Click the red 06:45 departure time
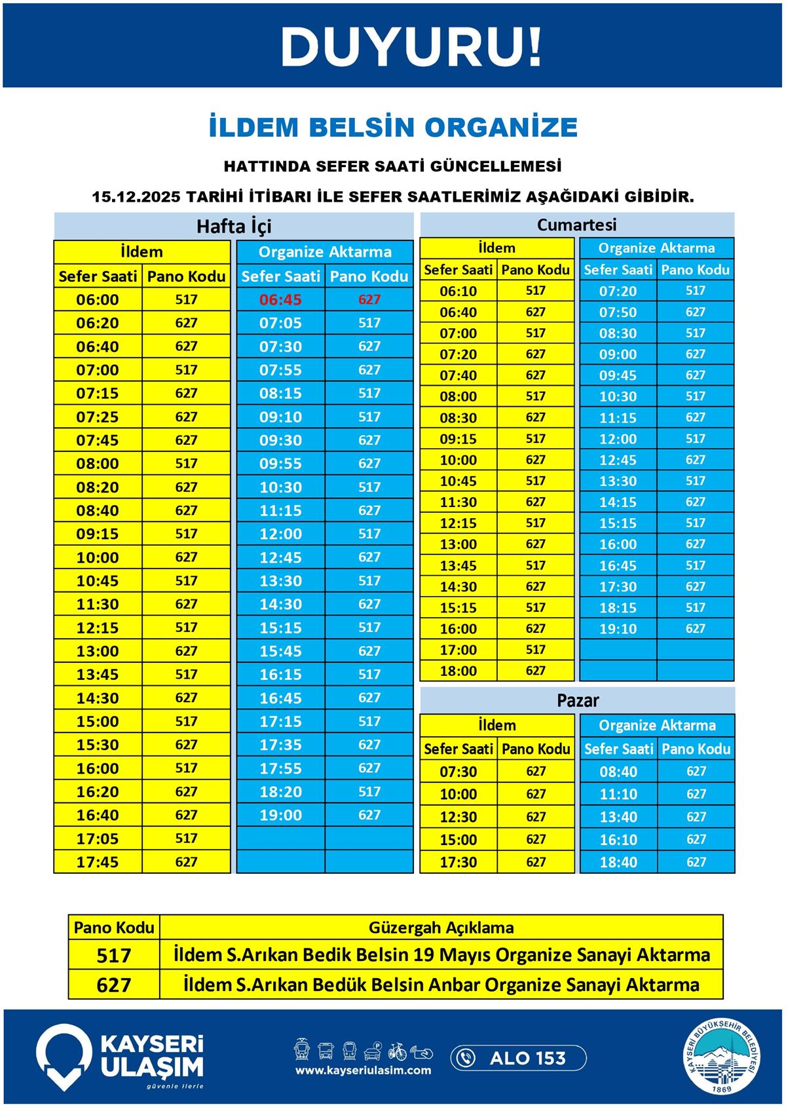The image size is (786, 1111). click(280, 300)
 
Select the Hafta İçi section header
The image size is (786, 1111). click(234, 226)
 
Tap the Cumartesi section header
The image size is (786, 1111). click(576, 225)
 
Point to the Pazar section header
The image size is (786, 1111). click(577, 700)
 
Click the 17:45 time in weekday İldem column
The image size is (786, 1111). click(98, 862)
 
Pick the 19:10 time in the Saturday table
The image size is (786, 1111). click(618, 629)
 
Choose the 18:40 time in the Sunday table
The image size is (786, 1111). click(618, 862)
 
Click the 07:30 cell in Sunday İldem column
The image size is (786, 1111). click(458, 772)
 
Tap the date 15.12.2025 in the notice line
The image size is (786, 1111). click(136, 197)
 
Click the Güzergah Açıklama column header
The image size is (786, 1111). click(441, 928)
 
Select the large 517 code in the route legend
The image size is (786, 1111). click(114, 955)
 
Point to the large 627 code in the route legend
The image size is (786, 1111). click(114, 985)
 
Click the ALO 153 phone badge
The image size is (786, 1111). click(518, 1058)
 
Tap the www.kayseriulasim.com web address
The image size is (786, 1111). click(363, 1070)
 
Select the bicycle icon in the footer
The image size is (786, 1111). click(397, 1051)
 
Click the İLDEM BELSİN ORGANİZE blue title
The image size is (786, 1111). click(393, 127)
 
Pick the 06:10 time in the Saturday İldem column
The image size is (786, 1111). click(458, 291)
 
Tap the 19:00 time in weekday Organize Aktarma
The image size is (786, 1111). click(280, 815)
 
